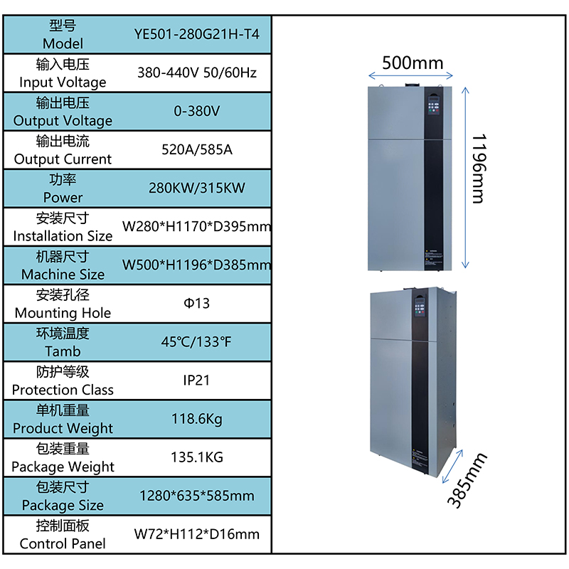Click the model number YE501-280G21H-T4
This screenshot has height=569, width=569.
click(x=197, y=34)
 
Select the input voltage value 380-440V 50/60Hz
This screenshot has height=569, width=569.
click(x=197, y=73)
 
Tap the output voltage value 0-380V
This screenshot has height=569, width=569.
click(x=197, y=111)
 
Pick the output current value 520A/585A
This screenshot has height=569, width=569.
click(x=197, y=149)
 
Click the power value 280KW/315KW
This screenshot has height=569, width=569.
click(x=197, y=188)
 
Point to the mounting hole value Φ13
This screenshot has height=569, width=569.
click(x=197, y=304)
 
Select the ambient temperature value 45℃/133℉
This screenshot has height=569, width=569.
click(x=196, y=342)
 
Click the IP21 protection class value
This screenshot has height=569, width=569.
click(x=196, y=381)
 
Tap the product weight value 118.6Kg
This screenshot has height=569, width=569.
click(x=197, y=419)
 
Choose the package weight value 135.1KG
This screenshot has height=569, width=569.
click(x=197, y=457)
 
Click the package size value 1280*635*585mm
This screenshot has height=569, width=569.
click(x=197, y=496)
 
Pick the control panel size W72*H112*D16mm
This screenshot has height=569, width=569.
click(x=197, y=534)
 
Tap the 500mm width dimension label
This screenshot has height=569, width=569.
click(x=413, y=63)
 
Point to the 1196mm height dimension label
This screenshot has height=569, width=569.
click(x=479, y=169)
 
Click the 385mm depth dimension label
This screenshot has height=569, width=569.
click(x=467, y=480)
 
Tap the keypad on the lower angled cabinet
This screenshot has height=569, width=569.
click(x=420, y=307)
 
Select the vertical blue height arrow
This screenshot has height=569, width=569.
click(x=465, y=178)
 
